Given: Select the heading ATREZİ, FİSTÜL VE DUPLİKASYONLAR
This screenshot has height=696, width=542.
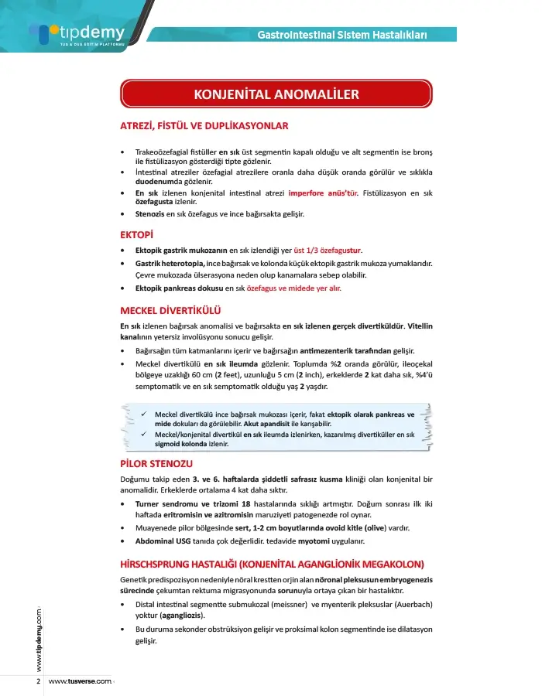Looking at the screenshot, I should (x=204, y=126).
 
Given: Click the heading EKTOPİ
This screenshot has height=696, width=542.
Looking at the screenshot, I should (x=136, y=234).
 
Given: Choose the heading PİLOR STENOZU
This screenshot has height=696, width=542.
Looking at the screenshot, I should (x=156, y=464).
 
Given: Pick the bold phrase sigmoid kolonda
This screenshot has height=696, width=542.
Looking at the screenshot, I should (x=181, y=445).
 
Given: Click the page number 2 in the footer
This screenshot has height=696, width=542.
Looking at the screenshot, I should (x=38, y=681).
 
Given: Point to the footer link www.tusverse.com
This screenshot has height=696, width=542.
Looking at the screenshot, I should (x=81, y=681).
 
